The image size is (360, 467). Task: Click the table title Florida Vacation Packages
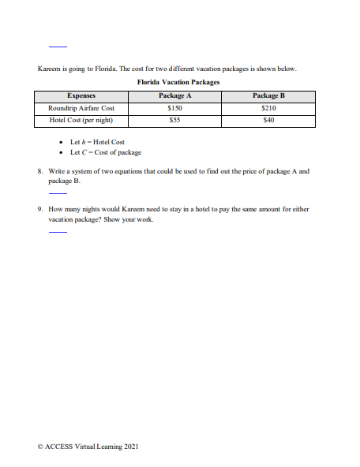[178, 82]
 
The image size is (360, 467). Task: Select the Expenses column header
[81, 95]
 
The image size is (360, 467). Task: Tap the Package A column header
[176, 95]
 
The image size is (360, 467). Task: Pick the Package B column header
[268, 95]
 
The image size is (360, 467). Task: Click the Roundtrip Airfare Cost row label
[81, 108]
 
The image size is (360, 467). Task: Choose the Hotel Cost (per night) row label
[81, 121]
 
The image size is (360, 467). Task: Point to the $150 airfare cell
[176, 108]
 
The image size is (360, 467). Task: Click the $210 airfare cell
[268, 108]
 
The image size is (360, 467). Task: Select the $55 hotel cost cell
[176, 121]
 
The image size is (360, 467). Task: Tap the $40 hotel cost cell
[268, 121]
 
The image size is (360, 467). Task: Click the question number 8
[40, 171]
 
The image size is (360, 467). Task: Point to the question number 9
[40, 210]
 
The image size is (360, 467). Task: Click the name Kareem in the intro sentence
[48, 69]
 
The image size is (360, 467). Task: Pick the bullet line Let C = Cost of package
[106, 151]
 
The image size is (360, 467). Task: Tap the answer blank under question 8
[58, 193]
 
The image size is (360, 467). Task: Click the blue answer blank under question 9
[58, 233]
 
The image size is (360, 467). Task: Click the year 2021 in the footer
[131, 447]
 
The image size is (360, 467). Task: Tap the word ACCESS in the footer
[59, 447]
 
